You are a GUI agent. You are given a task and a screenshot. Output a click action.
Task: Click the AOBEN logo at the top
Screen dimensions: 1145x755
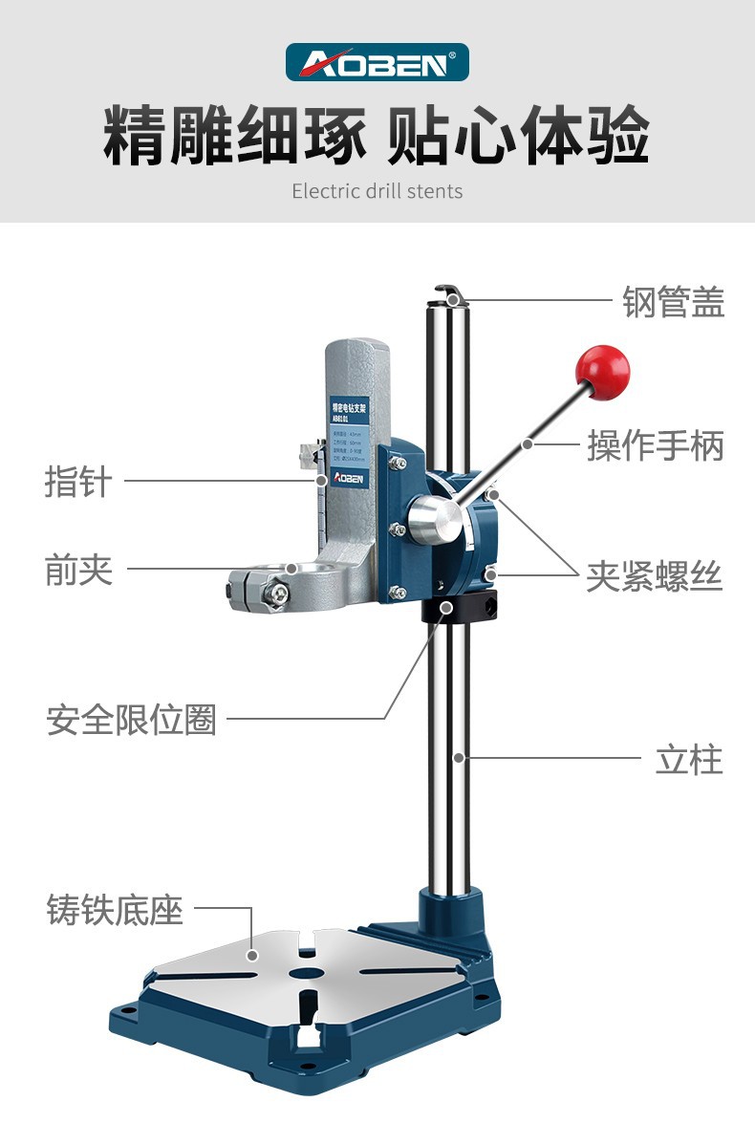(x=377, y=62)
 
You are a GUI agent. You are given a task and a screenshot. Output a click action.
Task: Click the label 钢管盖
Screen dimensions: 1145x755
(x=674, y=301)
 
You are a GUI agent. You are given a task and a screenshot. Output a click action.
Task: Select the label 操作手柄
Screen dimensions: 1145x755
(x=656, y=445)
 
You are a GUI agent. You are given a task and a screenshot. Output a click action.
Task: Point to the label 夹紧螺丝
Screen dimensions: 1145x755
(x=655, y=576)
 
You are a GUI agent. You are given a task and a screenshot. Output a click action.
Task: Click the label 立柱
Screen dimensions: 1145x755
(x=689, y=760)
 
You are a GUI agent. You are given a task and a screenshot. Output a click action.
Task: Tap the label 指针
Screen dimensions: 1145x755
(x=78, y=481)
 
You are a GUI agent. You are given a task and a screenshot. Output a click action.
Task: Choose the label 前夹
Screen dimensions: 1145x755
(x=78, y=571)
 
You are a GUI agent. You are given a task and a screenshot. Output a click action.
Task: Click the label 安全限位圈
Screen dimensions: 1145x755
(x=132, y=719)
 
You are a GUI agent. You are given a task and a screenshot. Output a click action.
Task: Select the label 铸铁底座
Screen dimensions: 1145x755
(x=115, y=909)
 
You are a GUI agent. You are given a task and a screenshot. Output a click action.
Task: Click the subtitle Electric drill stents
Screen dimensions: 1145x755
(x=377, y=191)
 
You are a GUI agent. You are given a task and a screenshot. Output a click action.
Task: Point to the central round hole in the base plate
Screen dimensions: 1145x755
(x=306, y=973)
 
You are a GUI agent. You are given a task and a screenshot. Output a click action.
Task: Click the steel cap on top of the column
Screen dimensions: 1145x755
(x=448, y=295)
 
